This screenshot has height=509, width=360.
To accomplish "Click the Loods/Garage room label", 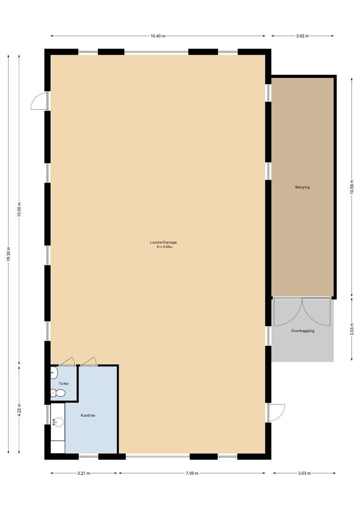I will click(164, 242).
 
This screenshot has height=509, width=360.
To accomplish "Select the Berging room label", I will click(303, 187).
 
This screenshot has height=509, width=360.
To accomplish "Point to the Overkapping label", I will click(303, 331).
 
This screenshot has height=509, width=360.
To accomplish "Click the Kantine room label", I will click(88, 415).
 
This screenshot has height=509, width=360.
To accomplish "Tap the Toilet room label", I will click(64, 384).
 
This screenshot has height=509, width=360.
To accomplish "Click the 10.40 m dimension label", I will click(158, 36).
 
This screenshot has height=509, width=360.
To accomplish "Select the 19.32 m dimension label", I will click(8, 254).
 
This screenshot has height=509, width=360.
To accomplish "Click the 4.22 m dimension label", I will click(19, 409).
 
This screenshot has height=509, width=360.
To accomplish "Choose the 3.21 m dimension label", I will click(84, 473).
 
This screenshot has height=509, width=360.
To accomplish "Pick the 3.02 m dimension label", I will click(302, 36).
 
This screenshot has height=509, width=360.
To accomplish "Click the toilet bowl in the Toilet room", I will click(59, 393).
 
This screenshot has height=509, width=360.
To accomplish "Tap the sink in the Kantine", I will click(58, 422).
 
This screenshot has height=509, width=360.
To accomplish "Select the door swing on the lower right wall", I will click(277, 412).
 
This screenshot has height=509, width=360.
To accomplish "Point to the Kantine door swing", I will click(89, 361).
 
